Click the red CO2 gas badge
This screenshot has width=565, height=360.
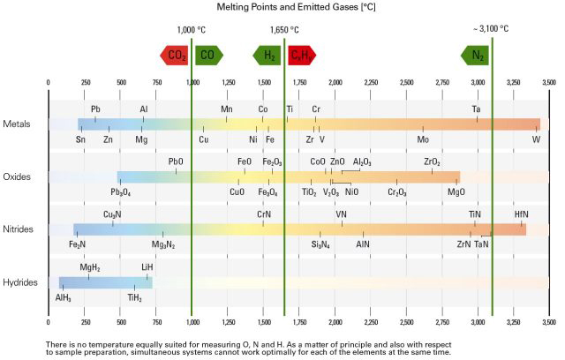[x=174, y=55]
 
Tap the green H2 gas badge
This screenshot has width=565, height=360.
[x=268, y=55]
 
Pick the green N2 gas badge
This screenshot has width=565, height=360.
[x=476, y=55]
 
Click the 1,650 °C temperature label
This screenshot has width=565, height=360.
[x=284, y=29]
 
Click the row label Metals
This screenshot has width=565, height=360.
[x=18, y=124]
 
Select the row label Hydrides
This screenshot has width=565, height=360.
[x=19, y=282]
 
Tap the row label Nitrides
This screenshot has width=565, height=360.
[x=19, y=229]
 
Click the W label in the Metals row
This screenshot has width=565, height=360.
[x=535, y=139]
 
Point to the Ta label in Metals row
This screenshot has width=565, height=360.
[x=476, y=109]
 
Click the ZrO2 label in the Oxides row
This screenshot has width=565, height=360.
[x=432, y=162]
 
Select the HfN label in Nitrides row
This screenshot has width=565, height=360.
[x=521, y=214]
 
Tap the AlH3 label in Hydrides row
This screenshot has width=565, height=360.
[x=64, y=297]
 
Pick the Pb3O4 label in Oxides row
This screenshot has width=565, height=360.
[x=121, y=191]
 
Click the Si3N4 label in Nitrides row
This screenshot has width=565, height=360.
[x=320, y=244]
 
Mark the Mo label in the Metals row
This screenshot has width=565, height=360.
[x=423, y=139]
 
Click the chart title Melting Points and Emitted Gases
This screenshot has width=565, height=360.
[x=282, y=8]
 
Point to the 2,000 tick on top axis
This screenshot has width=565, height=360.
[x=335, y=83]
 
